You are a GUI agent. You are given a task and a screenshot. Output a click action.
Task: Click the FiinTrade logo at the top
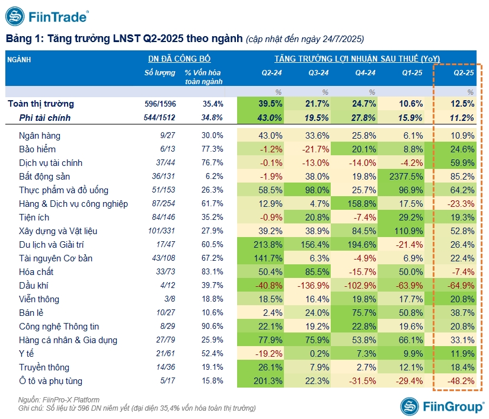(x=47, y=16)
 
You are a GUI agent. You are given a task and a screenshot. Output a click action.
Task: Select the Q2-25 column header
(x=464, y=73)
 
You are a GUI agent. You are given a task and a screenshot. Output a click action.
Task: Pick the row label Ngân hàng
(x=40, y=136)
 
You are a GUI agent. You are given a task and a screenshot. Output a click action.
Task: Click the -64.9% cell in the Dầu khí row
(x=459, y=286)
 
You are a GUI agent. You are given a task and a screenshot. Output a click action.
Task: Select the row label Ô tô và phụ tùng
(x=51, y=381)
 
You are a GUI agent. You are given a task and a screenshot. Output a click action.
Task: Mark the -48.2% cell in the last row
(x=459, y=381)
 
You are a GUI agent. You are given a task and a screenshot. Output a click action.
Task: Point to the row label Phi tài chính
(x=45, y=118)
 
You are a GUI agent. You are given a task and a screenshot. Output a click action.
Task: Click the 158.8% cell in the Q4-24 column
(x=362, y=204)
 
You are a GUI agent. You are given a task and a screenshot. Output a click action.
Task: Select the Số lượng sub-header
(x=160, y=73)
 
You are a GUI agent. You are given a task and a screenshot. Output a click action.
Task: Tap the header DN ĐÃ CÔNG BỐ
(x=179, y=59)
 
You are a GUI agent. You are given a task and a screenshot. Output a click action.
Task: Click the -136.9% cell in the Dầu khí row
(x=313, y=286)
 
